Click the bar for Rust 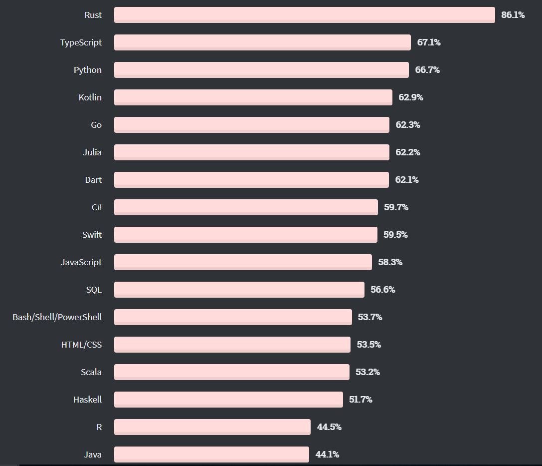(304, 15)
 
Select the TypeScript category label (81, 42)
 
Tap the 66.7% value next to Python (427, 70)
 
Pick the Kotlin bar (253, 97)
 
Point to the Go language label (96, 125)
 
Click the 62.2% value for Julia (408, 152)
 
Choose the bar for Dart (251, 180)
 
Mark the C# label (97, 207)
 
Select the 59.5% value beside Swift (395, 235)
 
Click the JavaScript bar (243, 262)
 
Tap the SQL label (94, 290)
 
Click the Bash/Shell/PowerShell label (57, 317)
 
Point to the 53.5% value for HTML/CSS (369, 345)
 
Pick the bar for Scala (231, 372)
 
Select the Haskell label (87, 400)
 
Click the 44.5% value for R (329, 427)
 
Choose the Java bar (211, 455)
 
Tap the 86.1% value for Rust (513, 15)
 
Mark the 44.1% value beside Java (327, 455)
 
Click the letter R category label (99, 427)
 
